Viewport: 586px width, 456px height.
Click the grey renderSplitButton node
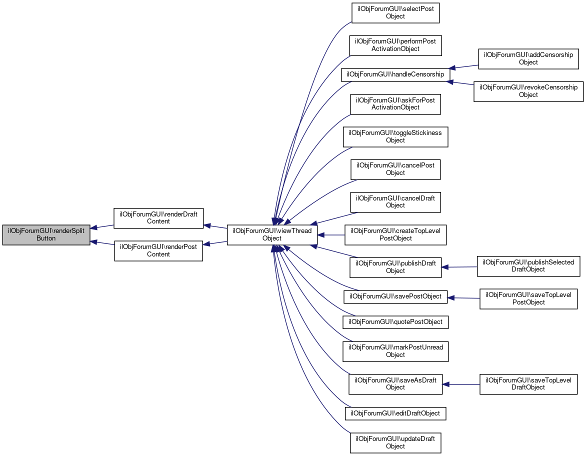point(46,234)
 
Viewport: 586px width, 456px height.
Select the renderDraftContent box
point(158,218)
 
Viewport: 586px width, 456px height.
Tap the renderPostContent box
point(158,250)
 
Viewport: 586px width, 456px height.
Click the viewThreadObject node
point(272,234)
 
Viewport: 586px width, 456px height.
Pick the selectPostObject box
point(395,12)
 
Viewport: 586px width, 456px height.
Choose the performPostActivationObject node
point(395,45)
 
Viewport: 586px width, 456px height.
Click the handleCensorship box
point(395,74)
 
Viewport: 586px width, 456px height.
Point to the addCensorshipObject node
point(528,58)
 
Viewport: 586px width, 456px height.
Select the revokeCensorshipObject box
point(528,91)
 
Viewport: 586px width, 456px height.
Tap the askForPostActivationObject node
point(395,104)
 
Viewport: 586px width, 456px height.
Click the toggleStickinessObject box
point(395,136)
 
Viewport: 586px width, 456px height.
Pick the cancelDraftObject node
point(395,201)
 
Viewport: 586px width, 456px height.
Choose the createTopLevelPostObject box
point(395,234)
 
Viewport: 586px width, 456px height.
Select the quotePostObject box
point(395,321)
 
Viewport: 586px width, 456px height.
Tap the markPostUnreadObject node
point(395,351)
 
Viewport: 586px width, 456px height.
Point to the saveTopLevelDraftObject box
point(528,383)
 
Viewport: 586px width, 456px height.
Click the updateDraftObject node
point(395,442)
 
